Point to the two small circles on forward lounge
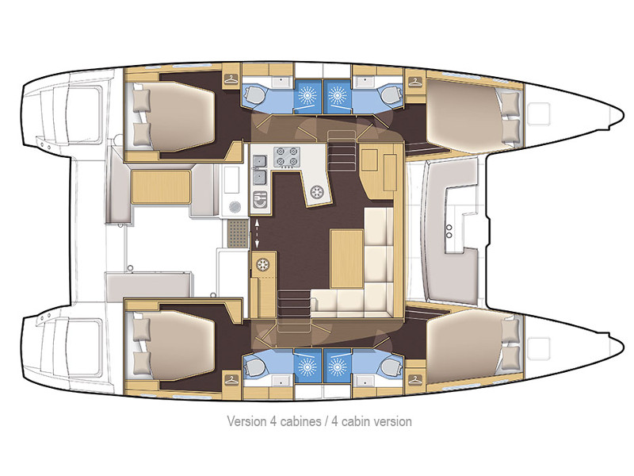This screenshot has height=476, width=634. (x=450, y=230)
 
